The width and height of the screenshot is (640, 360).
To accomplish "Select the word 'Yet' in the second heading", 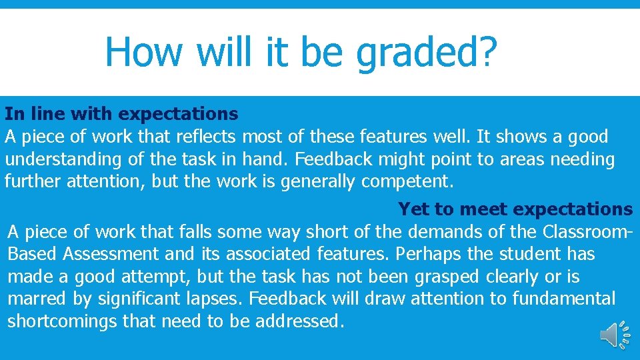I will coord(413,209).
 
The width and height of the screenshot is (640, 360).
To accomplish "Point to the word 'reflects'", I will coord(206,137).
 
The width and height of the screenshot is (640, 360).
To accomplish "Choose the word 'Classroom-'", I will coord(587,232).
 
